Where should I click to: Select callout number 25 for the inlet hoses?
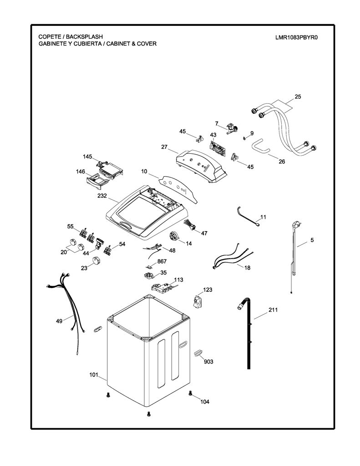point(298,96)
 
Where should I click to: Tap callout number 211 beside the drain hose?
point(273,309)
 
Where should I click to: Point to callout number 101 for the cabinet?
point(94,375)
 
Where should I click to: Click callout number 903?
point(208,361)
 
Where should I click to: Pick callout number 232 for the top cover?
point(102,196)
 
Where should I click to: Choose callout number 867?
point(162,261)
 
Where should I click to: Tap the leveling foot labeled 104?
point(190,394)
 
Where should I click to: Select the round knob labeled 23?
point(96,260)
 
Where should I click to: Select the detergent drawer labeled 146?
point(96,180)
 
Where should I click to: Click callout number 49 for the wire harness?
point(59,321)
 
